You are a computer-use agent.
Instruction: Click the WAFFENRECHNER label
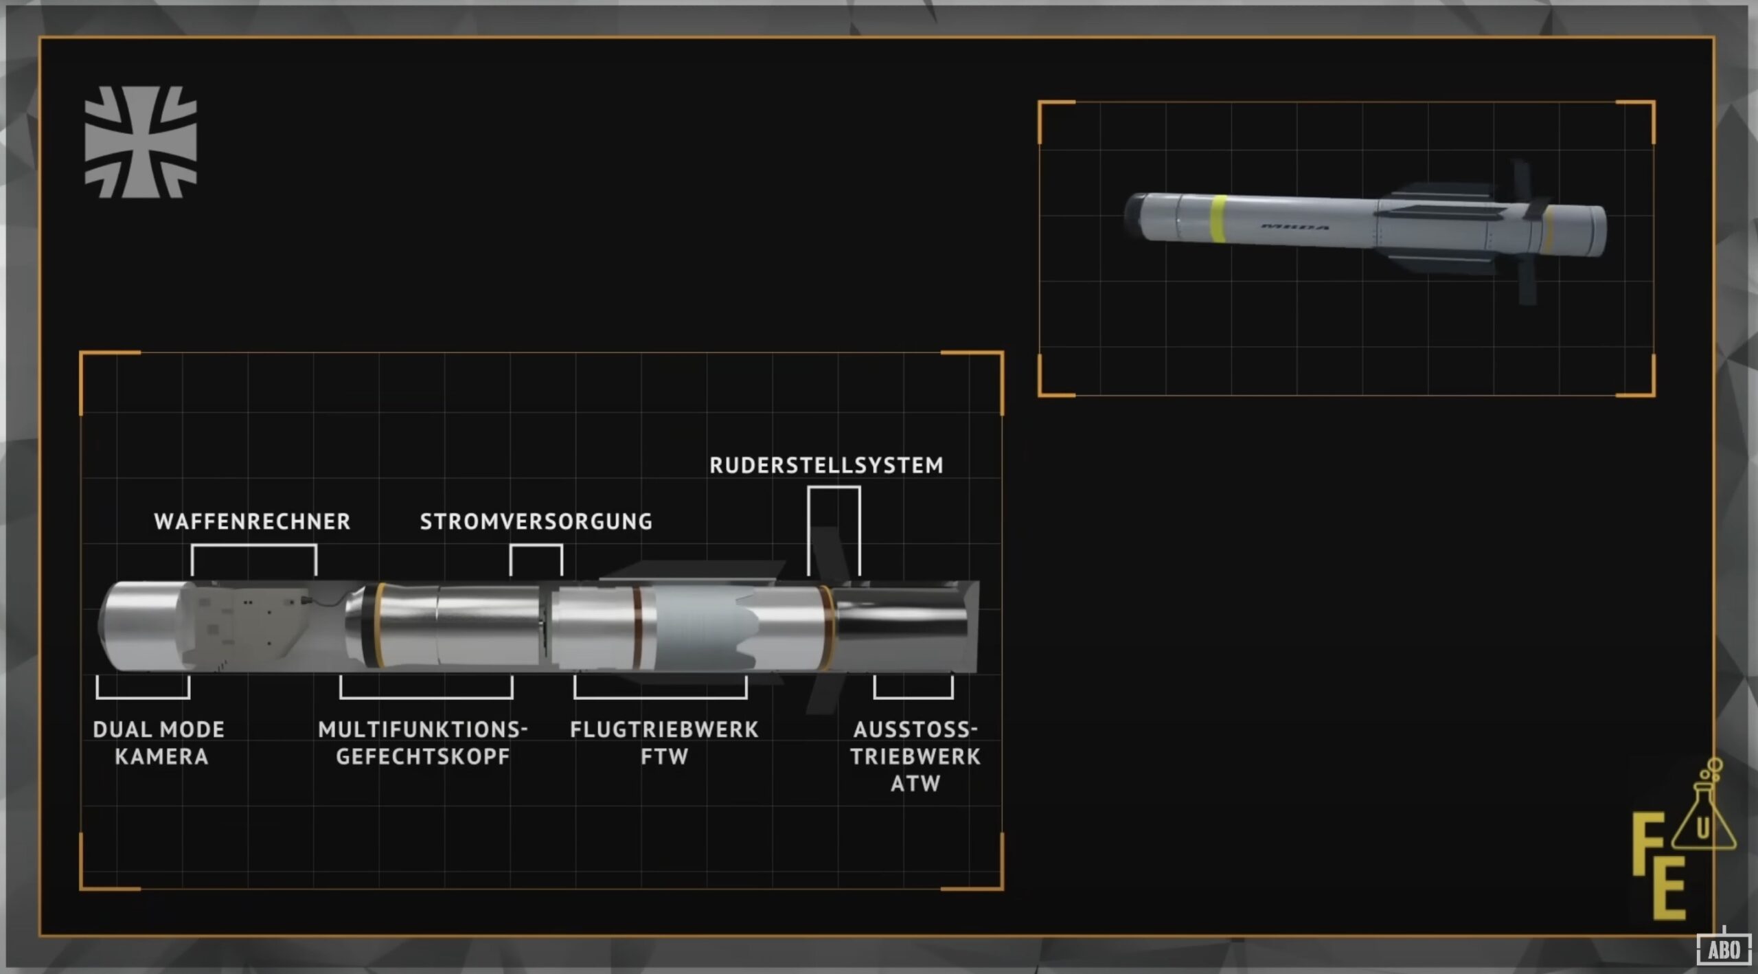pyautogui.click(x=252, y=522)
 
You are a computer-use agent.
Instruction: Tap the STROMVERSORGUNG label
pyautogui.click(x=536, y=522)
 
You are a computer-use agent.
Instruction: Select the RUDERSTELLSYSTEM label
pyautogui.click(x=826, y=466)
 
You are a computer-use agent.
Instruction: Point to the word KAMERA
pyautogui.click(x=161, y=757)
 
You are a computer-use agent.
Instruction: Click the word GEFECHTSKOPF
pyautogui.click(x=422, y=757)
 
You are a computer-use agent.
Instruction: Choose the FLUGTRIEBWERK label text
pyautogui.click(x=664, y=729)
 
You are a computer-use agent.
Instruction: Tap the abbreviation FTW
pyautogui.click(x=664, y=757)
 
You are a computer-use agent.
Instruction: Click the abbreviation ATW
pyautogui.click(x=915, y=784)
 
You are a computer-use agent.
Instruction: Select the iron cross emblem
pyautogui.click(x=141, y=142)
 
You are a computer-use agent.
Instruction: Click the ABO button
pyautogui.click(x=1724, y=950)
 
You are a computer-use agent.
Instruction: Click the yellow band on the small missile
pyautogui.click(x=1218, y=218)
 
